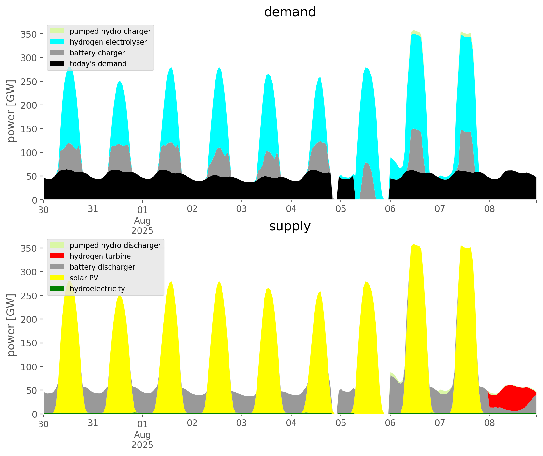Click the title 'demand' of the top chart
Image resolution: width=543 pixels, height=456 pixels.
(x=290, y=12)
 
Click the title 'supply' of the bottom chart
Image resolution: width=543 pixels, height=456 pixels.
(x=290, y=226)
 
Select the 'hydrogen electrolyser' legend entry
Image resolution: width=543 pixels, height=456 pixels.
(x=108, y=42)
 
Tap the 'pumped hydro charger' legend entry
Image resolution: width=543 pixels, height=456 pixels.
(x=110, y=31)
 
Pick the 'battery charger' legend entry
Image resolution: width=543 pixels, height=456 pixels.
(x=97, y=53)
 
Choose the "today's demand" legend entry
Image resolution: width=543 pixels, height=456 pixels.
(x=98, y=64)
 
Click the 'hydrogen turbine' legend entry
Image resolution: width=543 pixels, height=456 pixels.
(x=100, y=256)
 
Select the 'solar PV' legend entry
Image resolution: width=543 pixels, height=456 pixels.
(x=84, y=278)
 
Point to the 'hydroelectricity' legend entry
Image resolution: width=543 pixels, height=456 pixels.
(x=97, y=289)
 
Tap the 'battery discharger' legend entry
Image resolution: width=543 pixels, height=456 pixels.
(x=102, y=267)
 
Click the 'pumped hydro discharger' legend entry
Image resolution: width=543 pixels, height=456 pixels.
(x=115, y=245)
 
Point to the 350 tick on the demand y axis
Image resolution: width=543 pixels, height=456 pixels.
(x=29, y=34)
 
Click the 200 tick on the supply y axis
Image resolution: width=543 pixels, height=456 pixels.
(x=29, y=319)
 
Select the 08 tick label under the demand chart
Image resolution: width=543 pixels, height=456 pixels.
(x=489, y=209)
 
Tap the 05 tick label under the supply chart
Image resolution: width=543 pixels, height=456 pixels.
(x=341, y=423)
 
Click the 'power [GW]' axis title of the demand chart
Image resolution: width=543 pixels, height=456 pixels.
(x=11, y=111)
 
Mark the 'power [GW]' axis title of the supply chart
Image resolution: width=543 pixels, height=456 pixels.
(x=11, y=325)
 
